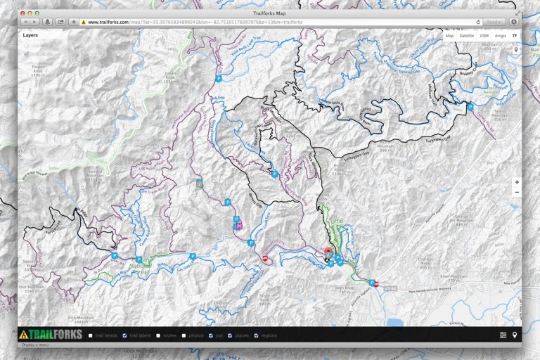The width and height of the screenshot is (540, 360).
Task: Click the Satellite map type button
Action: pyautogui.click(x=466, y=34)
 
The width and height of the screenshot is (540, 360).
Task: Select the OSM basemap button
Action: pyautogui.click(x=484, y=34)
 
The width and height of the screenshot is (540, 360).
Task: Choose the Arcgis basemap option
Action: pyautogui.click(x=500, y=34)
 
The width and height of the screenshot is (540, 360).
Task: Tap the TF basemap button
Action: pyautogui.click(x=514, y=34)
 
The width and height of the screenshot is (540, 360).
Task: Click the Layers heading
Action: pyautogui.click(x=30, y=34)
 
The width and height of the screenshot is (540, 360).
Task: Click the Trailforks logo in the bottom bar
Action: pyautogui.click(x=51, y=335)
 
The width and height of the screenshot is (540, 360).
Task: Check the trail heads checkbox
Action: pyautogui.click(x=91, y=335)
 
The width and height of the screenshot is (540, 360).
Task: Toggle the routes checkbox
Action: pyautogui.click(x=158, y=335)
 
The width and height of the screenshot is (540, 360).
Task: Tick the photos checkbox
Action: pyautogui.click(x=184, y=335)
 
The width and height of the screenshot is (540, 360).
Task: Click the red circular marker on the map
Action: pyautogui.click(x=328, y=251)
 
